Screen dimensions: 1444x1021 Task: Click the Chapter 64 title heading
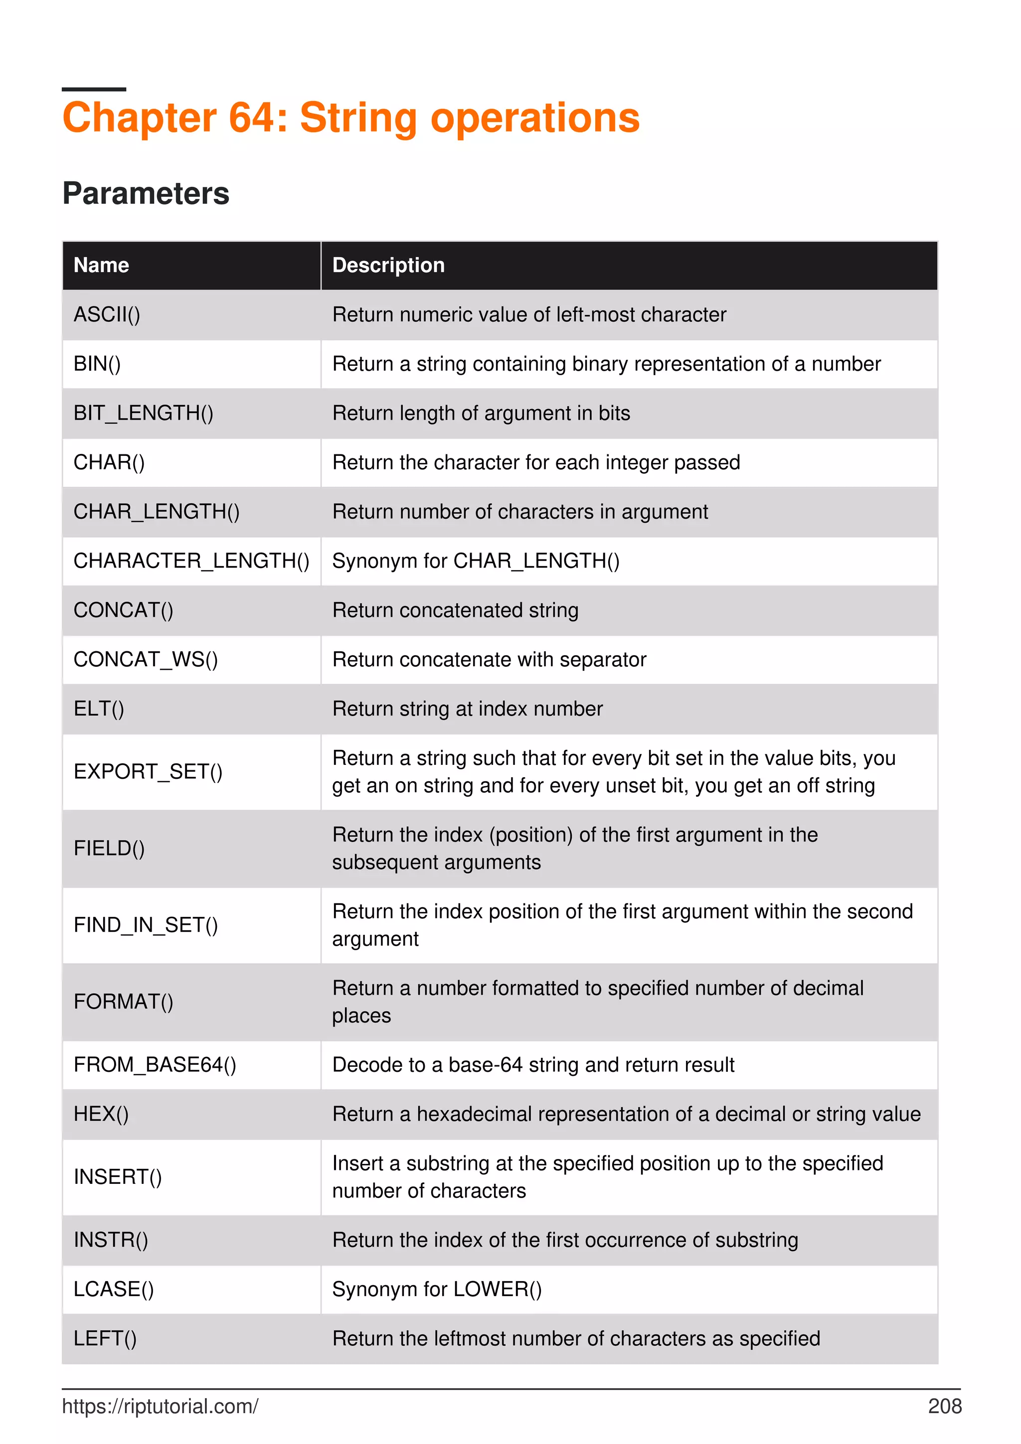(350, 118)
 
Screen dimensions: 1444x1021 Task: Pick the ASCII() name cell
(107, 314)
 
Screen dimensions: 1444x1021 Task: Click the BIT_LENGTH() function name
(144, 413)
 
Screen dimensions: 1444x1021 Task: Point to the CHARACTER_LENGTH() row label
(191, 561)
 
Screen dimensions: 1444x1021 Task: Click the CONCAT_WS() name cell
(145, 659)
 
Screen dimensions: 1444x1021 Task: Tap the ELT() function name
(99, 709)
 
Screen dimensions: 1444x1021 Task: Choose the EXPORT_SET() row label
(148, 772)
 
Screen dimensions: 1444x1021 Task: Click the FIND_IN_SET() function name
(145, 924)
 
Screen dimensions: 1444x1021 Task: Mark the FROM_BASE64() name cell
(155, 1065)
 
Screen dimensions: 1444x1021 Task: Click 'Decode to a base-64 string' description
(533, 1065)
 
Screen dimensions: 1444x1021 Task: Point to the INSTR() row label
(111, 1240)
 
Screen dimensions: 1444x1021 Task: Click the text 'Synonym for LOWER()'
(437, 1290)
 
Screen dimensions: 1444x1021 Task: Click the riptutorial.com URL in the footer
(160, 1406)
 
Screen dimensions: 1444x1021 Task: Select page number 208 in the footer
(944, 1406)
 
